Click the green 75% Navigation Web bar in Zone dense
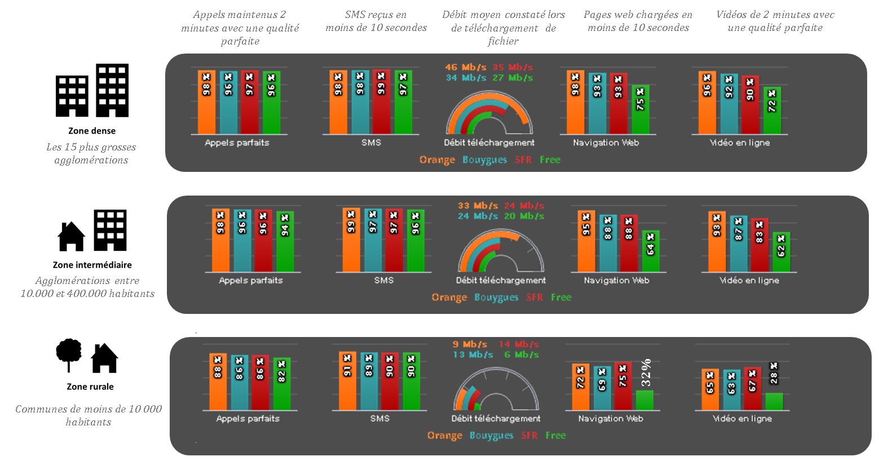pyautogui.click(x=640, y=110)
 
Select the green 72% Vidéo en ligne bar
pyautogui.click(x=772, y=110)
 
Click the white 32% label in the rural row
pyautogui.click(x=646, y=373)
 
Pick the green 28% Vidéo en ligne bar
pyautogui.click(x=774, y=401)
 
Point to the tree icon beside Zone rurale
pyautogui.click(x=69, y=354)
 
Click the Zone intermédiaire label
pyautogui.click(x=92, y=265)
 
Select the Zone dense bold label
pyautogui.click(x=92, y=131)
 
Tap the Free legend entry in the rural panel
pyautogui.click(x=555, y=435)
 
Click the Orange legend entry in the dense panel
pyautogui.click(x=437, y=159)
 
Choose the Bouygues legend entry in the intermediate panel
pyautogui.click(x=496, y=298)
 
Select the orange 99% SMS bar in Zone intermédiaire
pyautogui.click(x=351, y=240)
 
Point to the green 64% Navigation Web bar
pyautogui.click(x=650, y=251)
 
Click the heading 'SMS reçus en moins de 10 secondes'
pyautogui.click(x=376, y=21)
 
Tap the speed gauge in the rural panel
pyautogui.click(x=496, y=391)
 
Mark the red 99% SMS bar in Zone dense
pyautogui.click(x=381, y=102)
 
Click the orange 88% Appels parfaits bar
pyautogui.click(x=218, y=382)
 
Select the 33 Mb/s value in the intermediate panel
pyautogui.click(x=478, y=206)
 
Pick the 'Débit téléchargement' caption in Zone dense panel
pyautogui.click(x=489, y=143)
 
